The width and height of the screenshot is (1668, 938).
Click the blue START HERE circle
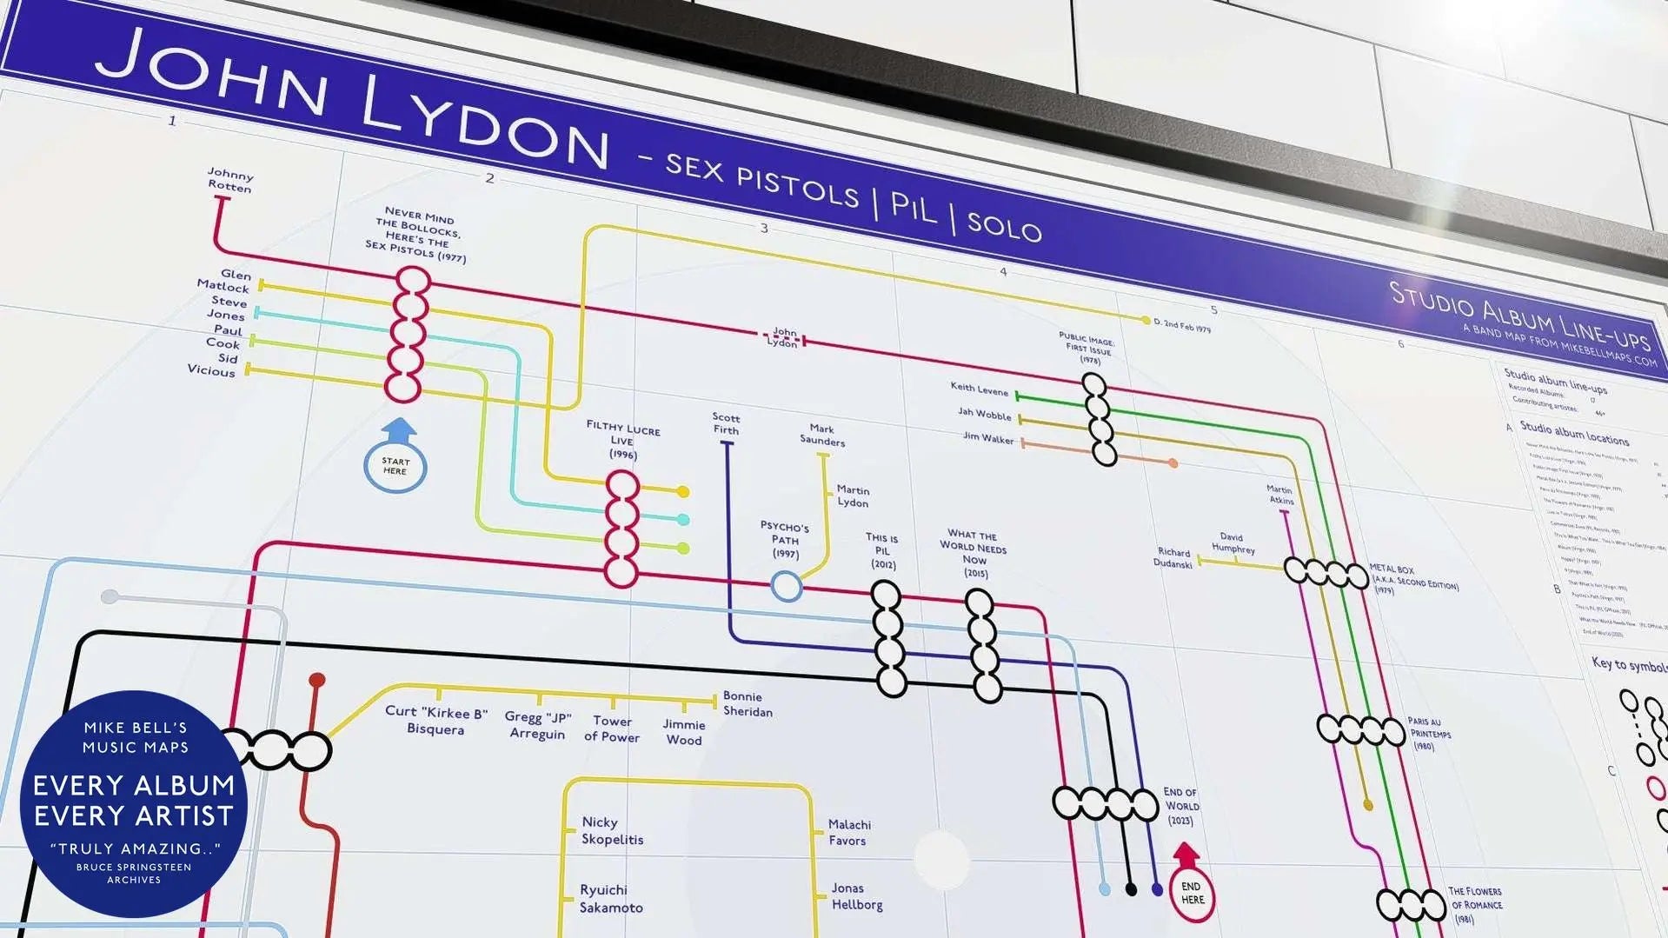pos(395,466)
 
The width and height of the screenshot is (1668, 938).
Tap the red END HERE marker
pos(1193,893)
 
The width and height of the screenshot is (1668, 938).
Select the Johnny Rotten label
pos(230,180)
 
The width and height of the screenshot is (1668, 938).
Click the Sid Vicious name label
pos(213,364)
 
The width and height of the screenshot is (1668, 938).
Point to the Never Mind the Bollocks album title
pos(417,234)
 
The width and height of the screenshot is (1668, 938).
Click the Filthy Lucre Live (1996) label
pos(623,440)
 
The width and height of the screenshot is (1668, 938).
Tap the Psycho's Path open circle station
pos(787,587)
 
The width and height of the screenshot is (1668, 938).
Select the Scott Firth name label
pos(726,423)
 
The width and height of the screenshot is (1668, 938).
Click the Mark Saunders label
pos(822,435)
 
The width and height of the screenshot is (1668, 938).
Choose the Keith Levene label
pos(980,389)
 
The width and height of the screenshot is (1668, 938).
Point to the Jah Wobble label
pos(985,415)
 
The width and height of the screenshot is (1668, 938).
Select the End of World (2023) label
pos(1180,806)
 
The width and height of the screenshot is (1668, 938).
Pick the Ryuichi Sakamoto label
pos(611,899)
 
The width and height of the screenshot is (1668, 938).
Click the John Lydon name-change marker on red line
pos(782,338)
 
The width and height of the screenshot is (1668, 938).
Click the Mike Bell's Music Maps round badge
pos(134,803)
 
